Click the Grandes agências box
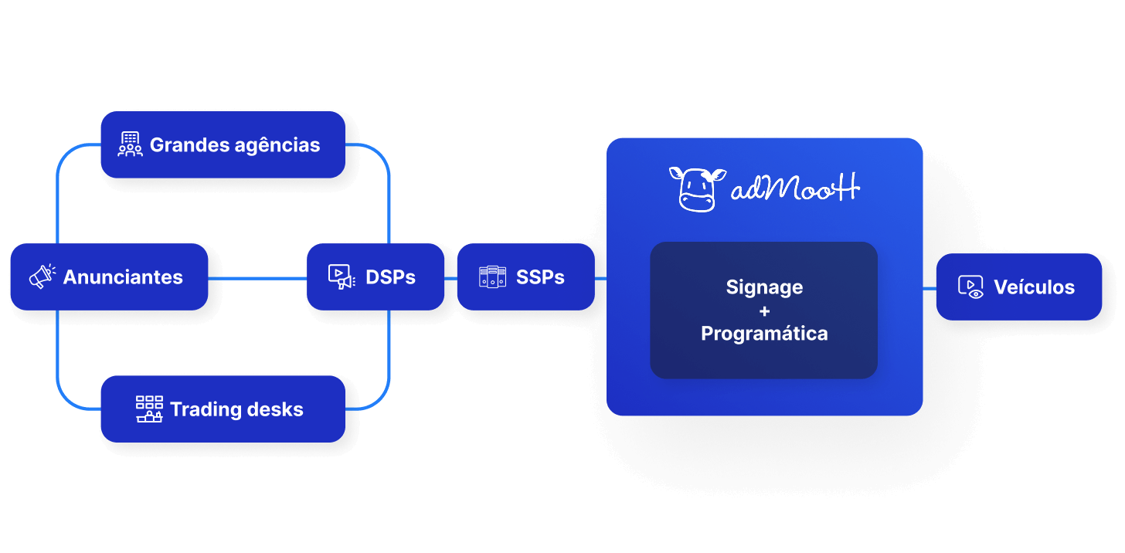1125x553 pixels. tap(223, 144)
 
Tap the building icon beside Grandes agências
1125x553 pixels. tap(130, 144)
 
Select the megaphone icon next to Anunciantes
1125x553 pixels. tap(42, 276)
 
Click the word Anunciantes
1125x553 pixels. tap(123, 276)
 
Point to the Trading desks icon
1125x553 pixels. tap(149, 409)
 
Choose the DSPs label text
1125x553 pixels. tap(390, 276)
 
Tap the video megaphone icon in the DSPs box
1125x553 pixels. tap(341, 276)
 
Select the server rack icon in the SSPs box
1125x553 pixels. tap(492, 276)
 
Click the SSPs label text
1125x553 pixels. tap(540, 276)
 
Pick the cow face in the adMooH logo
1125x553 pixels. tap(697, 188)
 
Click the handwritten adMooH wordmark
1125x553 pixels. tap(796, 188)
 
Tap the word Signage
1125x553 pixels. tap(764, 287)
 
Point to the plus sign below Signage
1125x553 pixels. tap(764, 310)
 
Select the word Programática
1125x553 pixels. tap(764, 334)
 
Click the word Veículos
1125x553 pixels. tap(1034, 287)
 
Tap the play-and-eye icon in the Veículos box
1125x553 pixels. tap(970, 287)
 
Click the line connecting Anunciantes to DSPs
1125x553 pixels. tap(257, 277)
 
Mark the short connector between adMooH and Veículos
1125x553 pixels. tap(930, 287)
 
